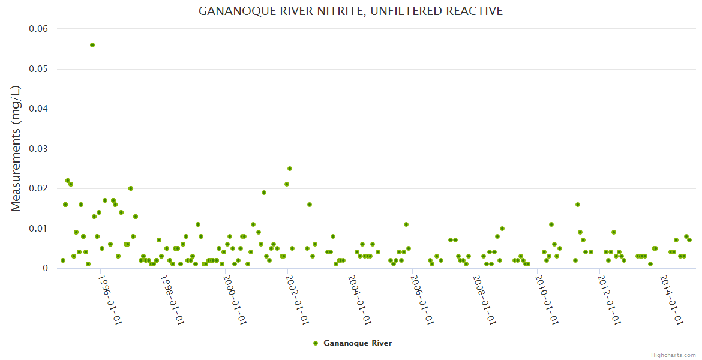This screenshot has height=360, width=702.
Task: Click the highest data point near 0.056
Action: click(x=92, y=45)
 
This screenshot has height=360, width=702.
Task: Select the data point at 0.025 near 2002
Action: click(x=290, y=169)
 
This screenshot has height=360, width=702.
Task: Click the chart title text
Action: click(x=350, y=11)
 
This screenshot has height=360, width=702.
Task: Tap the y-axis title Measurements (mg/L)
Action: click(x=16, y=148)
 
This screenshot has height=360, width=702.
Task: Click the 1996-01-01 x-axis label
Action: click(x=110, y=300)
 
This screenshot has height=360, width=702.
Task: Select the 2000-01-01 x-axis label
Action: click(x=235, y=300)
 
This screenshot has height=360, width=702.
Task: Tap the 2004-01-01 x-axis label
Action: click(x=359, y=300)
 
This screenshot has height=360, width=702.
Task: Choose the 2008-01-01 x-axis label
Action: click(x=484, y=300)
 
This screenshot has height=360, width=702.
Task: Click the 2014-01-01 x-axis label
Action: click(x=671, y=300)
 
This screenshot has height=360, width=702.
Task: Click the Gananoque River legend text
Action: click(x=358, y=343)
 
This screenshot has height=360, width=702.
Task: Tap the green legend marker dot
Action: click(x=316, y=343)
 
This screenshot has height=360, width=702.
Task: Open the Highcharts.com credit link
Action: click(x=673, y=355)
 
